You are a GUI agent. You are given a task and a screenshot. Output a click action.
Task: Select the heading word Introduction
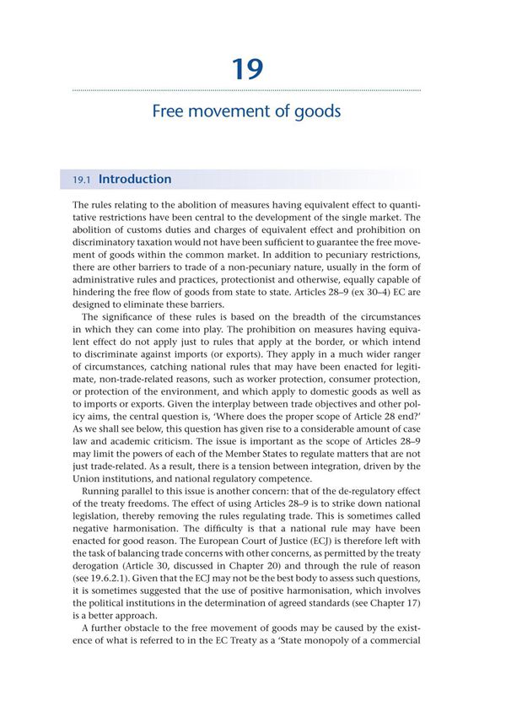tap(135, 180)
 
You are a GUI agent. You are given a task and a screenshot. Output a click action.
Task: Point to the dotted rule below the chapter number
tap(246, 89)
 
